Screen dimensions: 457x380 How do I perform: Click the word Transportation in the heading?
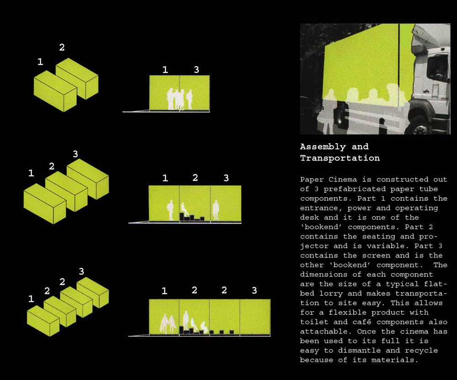click(340, 158)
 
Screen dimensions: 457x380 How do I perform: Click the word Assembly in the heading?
click(323, 146)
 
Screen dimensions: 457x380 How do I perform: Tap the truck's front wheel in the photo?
click(422, 126)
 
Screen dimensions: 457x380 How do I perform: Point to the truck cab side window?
click(437, 68)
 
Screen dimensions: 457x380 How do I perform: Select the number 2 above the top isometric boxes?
click(62, 47)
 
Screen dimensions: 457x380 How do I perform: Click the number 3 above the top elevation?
click(197, 69)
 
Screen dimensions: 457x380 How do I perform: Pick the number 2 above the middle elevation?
click(195, 177)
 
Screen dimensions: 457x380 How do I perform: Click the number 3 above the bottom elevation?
click(255, 290)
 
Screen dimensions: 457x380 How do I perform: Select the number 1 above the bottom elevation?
click(165, 291)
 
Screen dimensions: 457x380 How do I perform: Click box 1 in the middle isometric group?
click(45, 203)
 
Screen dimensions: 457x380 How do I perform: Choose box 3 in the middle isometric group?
click(88, 179)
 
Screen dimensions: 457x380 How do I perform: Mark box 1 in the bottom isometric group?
click(43, 321)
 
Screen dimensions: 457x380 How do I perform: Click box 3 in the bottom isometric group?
click(93, 292)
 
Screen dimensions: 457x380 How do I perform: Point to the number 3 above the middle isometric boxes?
click(75, 154)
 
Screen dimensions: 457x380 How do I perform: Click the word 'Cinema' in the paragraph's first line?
click(342, 179)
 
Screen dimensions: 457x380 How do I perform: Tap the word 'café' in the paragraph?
click(361, 322)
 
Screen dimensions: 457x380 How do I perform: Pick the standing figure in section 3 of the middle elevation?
click(216, 210)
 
